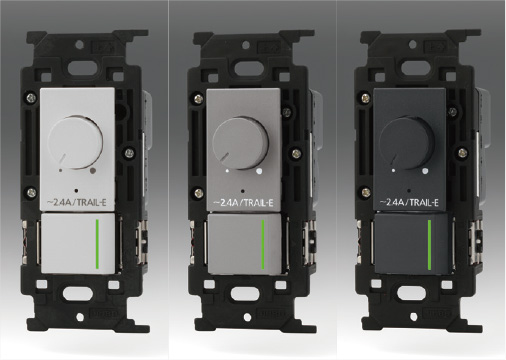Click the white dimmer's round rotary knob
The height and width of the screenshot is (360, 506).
coord(75,142)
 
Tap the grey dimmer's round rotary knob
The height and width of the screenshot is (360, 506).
coord(241,142)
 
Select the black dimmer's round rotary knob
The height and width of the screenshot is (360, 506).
coord(407,142)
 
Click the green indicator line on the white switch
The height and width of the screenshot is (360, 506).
coord(97,244)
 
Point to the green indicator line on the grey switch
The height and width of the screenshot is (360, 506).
coord(263,244)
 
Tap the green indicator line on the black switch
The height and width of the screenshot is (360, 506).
coord(429,244)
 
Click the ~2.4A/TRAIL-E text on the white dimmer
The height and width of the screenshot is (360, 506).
coord(76,202)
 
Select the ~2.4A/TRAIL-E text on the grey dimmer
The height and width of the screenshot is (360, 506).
coord(243,202)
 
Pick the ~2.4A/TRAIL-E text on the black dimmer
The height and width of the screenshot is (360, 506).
coord(409,202)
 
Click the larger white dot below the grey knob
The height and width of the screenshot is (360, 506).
coord(259,171)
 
